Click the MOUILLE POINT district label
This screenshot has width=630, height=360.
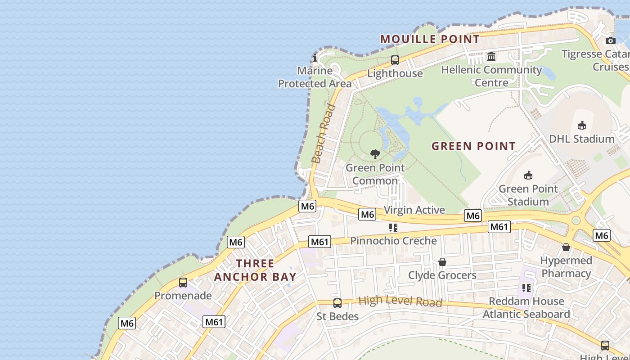430,39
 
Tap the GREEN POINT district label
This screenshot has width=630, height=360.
473,146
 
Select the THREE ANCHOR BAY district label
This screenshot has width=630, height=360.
255,270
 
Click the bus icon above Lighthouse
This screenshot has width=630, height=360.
395,60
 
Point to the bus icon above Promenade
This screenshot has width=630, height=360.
183,283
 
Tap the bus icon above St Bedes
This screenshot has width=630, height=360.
337,303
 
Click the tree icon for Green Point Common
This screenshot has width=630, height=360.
375,154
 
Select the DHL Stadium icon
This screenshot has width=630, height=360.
582,125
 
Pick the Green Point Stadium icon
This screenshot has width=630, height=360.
528,175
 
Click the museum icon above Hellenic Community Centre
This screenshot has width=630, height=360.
491,57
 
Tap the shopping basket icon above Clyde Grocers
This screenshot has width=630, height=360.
442,262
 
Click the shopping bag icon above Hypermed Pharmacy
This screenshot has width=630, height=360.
566,247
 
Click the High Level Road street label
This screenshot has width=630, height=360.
400,301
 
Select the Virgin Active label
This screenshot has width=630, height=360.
414,210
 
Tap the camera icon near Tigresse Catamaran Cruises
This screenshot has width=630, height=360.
611,40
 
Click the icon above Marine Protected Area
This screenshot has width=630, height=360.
315,57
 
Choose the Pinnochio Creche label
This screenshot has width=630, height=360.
394,241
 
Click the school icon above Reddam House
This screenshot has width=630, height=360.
526,288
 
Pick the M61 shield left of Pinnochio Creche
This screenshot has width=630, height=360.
320,242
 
